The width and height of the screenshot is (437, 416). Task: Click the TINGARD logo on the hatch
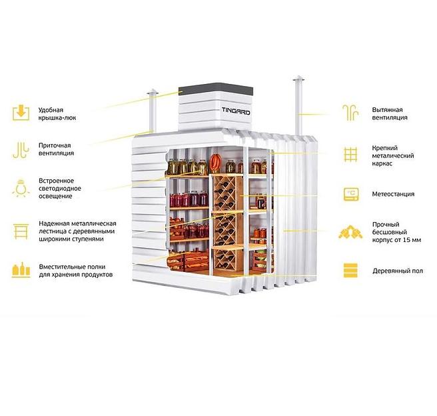click(x=236, y=111)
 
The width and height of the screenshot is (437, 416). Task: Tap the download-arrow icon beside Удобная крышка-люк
click(x=21, y=113)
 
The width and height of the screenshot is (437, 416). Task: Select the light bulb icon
click(x=21, y=188)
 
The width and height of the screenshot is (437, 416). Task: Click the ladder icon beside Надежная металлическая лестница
click(x=21, y=231)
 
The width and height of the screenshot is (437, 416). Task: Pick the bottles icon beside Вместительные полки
click(x=21, y=270)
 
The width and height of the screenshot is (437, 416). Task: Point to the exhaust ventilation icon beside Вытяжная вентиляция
click(x=350, y=113)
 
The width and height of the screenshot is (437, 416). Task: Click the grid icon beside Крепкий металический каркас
click(x=350, y=155)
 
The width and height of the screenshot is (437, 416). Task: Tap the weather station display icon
click(x=351, y=194)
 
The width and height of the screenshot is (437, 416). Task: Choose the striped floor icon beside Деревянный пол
click(x=350, y=270)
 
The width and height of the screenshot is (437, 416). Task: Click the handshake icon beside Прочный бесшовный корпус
click(x=350, y=232)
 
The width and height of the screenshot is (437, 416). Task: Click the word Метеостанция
click(x=393, y=194)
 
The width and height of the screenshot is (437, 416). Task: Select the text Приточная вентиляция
click(x=57, y=149)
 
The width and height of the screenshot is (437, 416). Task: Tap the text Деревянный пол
click(x=398, y=271)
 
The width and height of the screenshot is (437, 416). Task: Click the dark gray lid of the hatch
click(x=216, y=89)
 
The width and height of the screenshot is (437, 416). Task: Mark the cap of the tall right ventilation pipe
click(x=298, y=78)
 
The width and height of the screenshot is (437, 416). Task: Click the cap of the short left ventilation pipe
click(x=153, y=92)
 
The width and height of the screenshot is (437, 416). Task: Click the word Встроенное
click(x=57, y=181)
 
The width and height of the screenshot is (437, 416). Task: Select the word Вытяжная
click(x=388, y=109)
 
